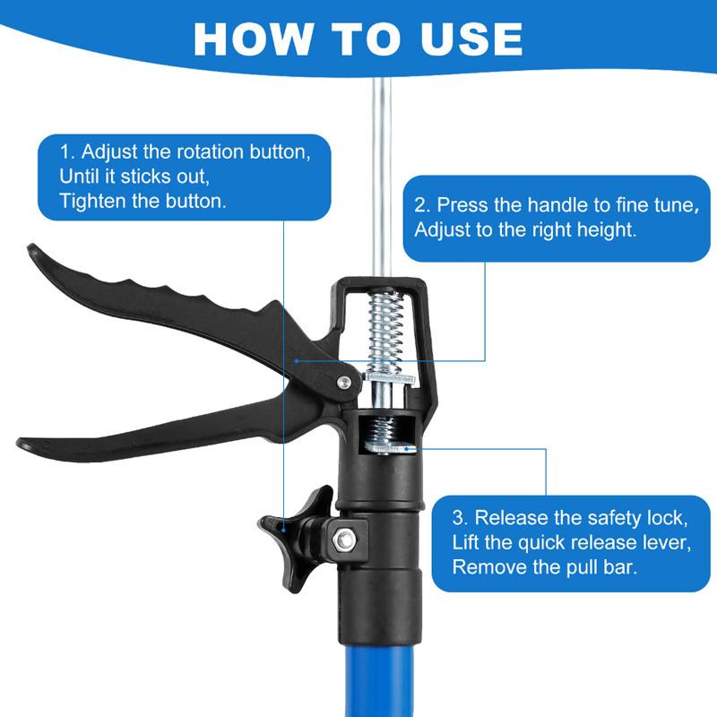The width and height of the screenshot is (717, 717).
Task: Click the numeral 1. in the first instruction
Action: pyautogui.click(x=68, y=150)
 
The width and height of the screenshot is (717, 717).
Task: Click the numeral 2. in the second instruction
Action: pyautogui.click(x=422, y=205)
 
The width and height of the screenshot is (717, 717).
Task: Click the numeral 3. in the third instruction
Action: pyautogui.click(x=460, y=517)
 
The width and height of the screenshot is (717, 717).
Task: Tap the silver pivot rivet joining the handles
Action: pyautogui.click(x=343, y=383)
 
